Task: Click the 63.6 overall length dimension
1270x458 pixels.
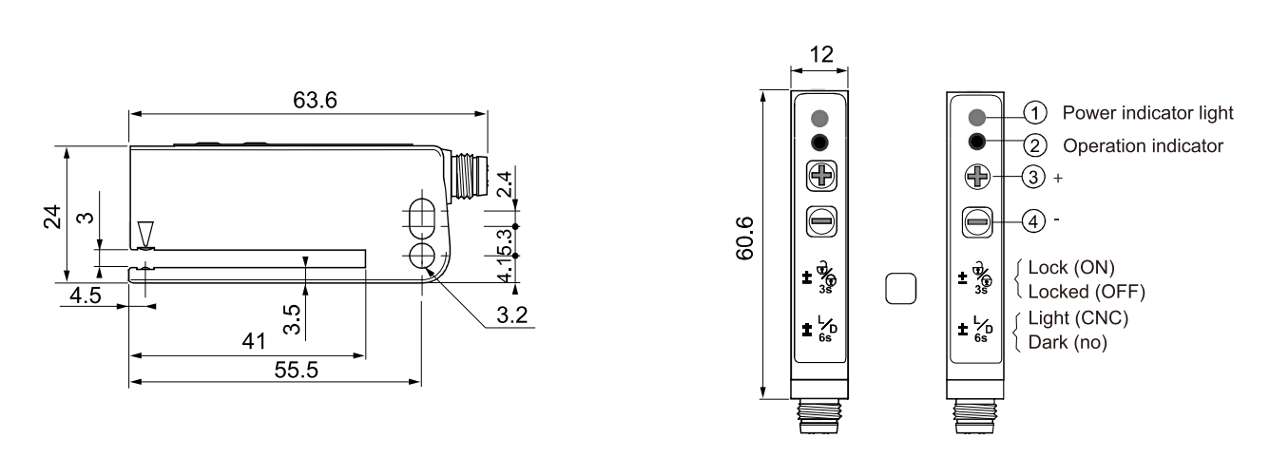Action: point(309,100)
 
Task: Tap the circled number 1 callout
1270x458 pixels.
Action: point(1034,113)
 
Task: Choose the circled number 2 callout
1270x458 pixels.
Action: point(1034,145)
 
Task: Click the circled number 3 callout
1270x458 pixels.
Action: point(1034,177)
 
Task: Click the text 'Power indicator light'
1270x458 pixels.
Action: point(1147,113)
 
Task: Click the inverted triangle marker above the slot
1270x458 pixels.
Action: point(144,234)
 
